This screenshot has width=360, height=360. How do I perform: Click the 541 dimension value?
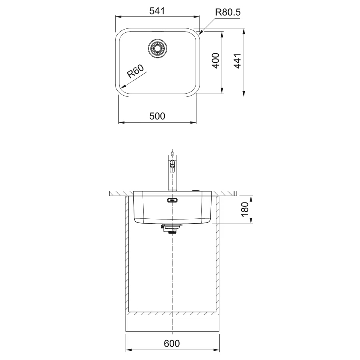(157, 12)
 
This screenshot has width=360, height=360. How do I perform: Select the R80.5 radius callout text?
(228, 12)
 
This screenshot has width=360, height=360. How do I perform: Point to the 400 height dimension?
(215, 61)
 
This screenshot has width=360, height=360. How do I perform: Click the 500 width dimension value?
(157, 116)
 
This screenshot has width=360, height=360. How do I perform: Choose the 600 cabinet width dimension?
(172, 344)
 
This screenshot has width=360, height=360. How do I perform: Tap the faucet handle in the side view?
(172, 165)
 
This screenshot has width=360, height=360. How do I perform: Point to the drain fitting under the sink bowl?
(172, 228)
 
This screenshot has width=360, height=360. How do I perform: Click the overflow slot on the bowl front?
(172, 201)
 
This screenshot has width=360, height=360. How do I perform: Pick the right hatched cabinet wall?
(218, 252)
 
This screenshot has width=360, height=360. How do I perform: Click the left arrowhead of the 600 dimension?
(128, 349)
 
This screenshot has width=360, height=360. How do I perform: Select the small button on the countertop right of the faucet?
(196, 191)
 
